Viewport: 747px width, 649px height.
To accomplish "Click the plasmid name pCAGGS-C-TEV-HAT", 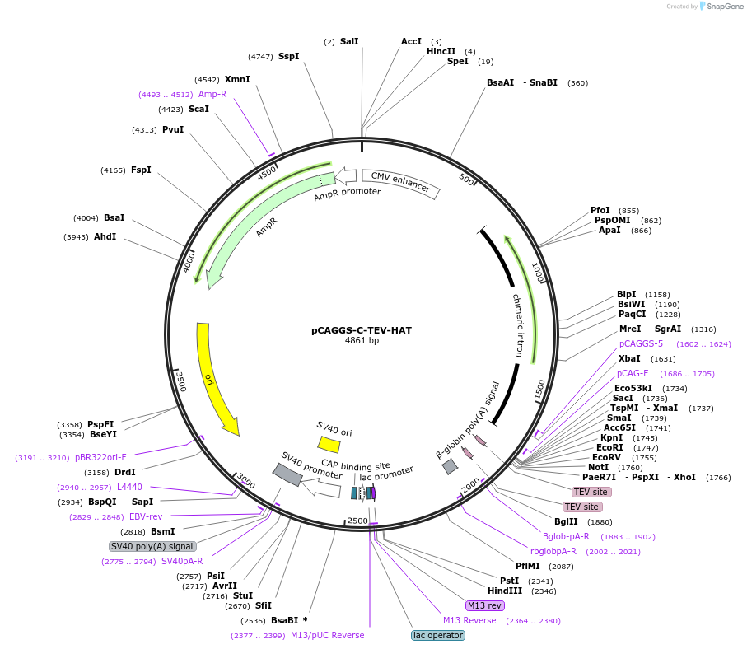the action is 362,330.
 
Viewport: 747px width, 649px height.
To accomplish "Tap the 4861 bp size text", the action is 362,341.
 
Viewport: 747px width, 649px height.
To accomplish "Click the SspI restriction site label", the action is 288,56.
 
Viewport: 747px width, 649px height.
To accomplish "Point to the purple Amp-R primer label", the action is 212,94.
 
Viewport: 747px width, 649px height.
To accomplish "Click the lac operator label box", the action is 438,635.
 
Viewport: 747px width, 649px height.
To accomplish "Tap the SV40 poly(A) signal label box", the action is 152,546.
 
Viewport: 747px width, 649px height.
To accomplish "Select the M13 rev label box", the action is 484,605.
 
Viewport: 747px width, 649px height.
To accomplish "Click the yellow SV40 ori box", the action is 329,444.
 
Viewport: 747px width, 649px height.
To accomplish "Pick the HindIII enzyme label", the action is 505,591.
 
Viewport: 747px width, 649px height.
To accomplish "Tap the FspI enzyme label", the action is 141,170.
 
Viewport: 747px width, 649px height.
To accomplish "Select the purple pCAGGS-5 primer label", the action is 641,343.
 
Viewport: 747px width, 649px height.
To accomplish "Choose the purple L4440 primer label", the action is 129,487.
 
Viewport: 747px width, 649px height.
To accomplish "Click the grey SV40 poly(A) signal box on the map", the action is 287,474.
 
